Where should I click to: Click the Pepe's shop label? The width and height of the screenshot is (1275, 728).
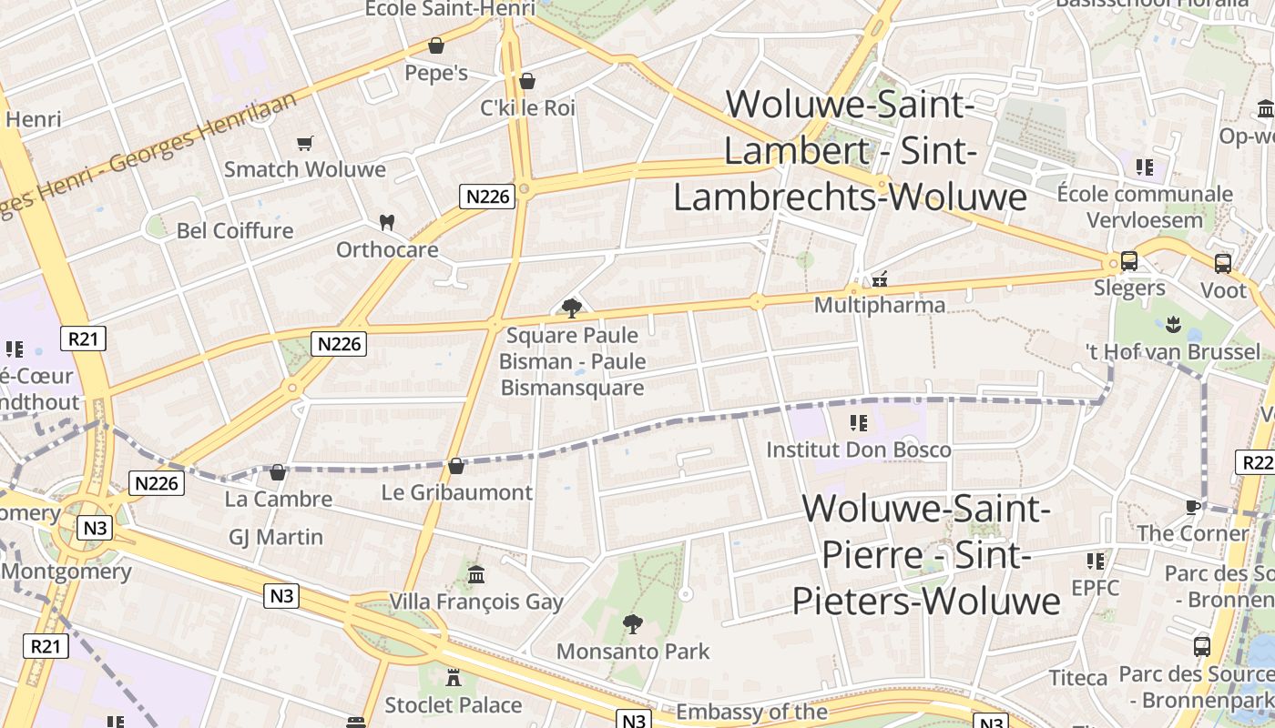(436, 73)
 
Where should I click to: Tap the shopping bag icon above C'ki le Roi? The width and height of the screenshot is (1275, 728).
(527, 81)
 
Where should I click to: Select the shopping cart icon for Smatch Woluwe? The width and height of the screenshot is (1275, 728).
(305, 143)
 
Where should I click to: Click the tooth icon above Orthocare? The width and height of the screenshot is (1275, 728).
(387, 222)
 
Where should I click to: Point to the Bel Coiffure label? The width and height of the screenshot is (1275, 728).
(235, 230)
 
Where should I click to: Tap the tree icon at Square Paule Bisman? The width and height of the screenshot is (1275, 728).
(572, 308)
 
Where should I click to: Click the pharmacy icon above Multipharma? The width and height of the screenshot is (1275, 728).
(880, 279)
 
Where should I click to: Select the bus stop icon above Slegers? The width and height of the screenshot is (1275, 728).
(1129, 261)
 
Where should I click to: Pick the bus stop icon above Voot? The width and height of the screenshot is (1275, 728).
(1223, 264)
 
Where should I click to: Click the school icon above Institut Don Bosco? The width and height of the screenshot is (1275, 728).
(858, 423)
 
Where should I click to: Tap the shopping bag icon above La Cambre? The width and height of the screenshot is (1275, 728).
(278, 472)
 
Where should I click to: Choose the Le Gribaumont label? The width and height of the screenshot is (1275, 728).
(457, 492)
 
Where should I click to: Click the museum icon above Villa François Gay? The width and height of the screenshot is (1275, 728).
(476, 575)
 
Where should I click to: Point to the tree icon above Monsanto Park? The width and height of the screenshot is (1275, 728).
(632, 624)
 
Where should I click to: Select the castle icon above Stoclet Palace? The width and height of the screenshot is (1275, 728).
(453, 678)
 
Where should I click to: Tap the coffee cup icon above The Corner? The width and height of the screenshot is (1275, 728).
(1193, 507)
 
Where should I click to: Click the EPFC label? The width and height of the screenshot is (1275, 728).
(1095, 587)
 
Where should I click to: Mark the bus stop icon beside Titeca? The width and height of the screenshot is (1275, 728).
(1202, 647)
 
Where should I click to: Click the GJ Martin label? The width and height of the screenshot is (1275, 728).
(276, 537)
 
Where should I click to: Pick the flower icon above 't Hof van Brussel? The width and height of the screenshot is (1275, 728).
(1173, 325)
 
